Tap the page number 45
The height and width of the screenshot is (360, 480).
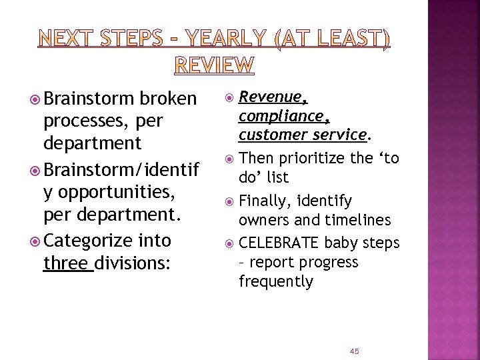coord(354,351)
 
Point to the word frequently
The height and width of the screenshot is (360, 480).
coord(276,281)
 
